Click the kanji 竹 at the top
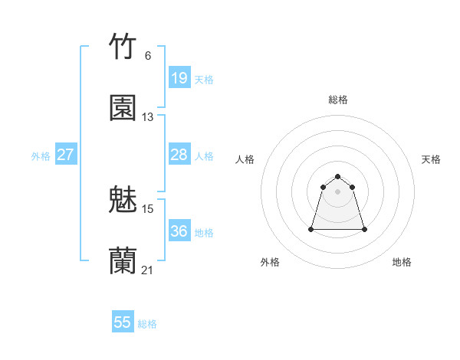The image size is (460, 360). click(123, 47)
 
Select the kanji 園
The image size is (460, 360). click(123, 108)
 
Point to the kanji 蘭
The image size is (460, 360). click(123, 261)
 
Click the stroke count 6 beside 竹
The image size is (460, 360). click(148, 56)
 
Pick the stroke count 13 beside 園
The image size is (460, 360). click(148, 117)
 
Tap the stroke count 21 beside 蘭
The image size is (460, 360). click(148, 270)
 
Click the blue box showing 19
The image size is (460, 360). click(179, 78)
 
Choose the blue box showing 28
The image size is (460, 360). click(179, 155)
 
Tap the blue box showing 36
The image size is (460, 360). click(179, 231)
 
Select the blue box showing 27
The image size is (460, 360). click(66, 155)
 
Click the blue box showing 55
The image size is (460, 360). click(123, 322)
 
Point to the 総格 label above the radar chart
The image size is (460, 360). click(338, 100)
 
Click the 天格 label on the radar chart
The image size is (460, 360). click(431, 159)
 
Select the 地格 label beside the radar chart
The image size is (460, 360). click(402, 262)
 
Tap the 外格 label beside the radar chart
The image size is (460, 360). click(270, 262)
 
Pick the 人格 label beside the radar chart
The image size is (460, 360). click(245, 159)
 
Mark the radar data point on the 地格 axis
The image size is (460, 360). click(363, 229)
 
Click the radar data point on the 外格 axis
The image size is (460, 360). click(312, 229)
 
